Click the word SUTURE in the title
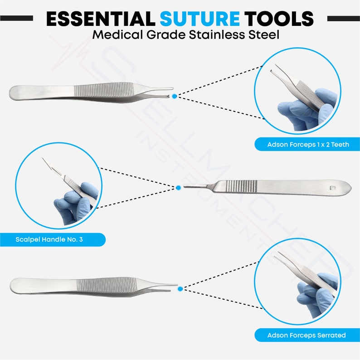pos(199,19)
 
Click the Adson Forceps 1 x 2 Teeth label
pos(307,145)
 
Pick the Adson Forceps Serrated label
pos(306,336)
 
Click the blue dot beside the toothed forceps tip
pos(175,96)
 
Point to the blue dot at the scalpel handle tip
pos(178,187)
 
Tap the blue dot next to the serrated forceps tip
pos(180,288)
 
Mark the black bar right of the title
pos(343,19)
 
